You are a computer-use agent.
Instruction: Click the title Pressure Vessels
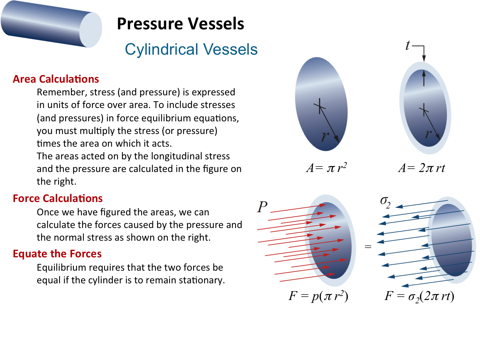coord(180,24)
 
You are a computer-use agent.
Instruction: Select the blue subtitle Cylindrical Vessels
coord(191,49)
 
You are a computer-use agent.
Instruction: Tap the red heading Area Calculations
coord(56,79)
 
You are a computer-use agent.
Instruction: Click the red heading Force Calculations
coord(58,198)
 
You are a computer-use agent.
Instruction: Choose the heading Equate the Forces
coord(57,254)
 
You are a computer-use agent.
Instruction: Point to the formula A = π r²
coord(326,168)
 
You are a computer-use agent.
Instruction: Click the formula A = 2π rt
coord(422,168)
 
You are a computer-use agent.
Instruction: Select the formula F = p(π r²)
coord(318,296)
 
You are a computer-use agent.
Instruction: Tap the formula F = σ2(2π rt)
coord(419,297)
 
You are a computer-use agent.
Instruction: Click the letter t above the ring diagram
coord(408,45)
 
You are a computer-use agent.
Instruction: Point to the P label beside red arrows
coord(262,207)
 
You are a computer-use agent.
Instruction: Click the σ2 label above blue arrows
coord(385,202)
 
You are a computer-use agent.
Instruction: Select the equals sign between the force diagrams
coord(368,247)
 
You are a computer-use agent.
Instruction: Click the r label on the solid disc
coord(325,137)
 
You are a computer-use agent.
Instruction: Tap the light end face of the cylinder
coord(91,30)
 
